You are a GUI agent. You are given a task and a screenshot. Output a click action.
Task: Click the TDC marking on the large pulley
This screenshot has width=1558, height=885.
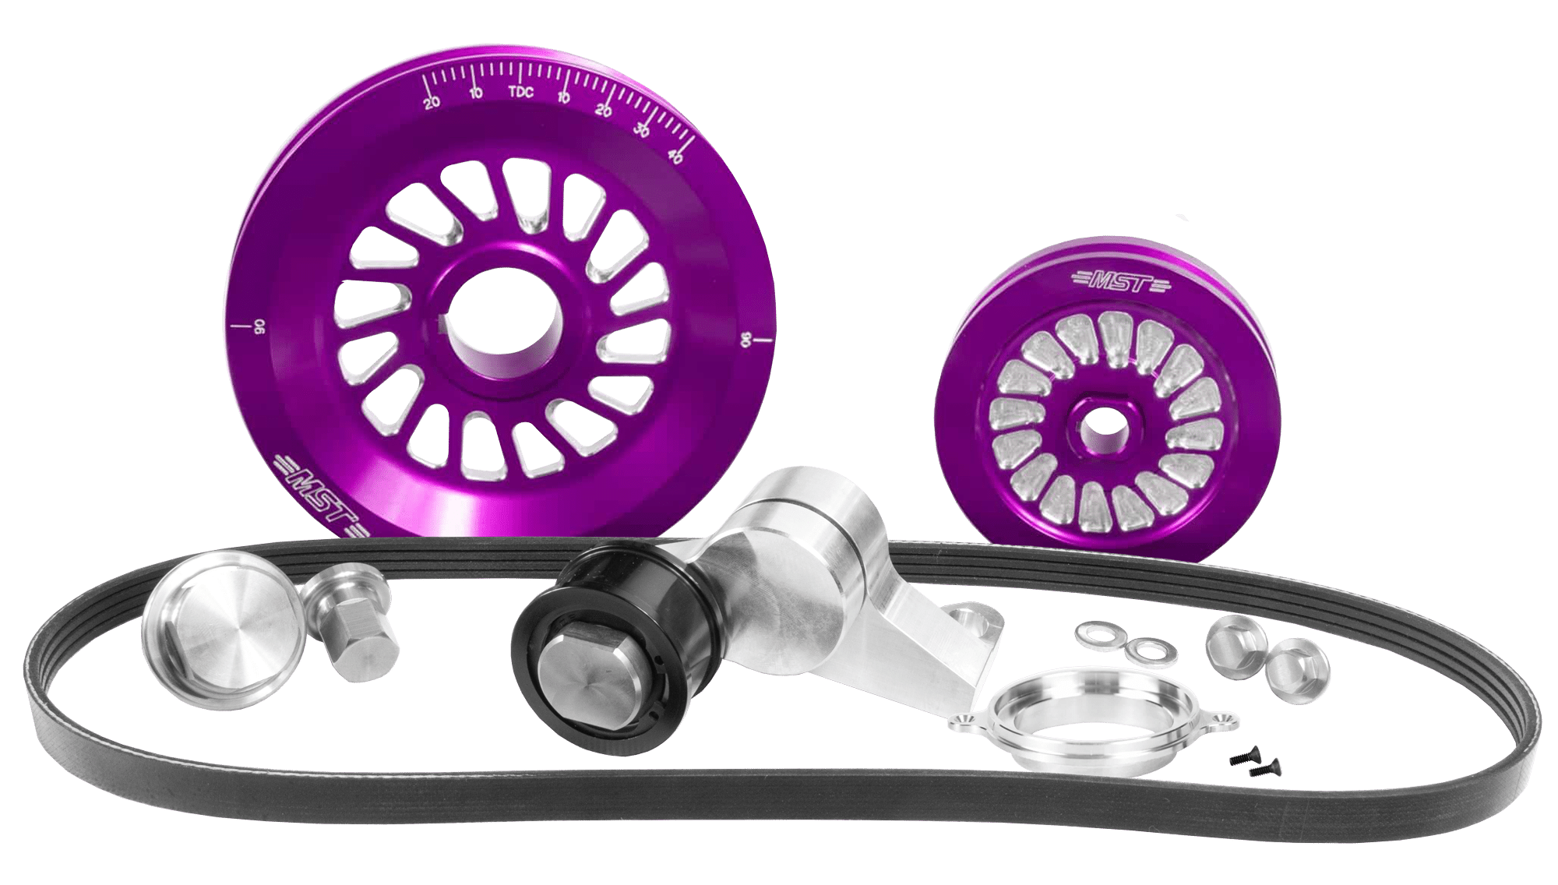(x=520, y=92)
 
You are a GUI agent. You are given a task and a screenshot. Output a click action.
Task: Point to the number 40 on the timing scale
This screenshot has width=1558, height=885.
(x=675, y=156)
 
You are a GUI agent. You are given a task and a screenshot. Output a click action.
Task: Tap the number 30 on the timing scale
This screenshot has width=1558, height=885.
(x=642, y=130)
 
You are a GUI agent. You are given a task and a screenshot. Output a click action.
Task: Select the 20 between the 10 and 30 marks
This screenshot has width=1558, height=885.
(x=604, y=111)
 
